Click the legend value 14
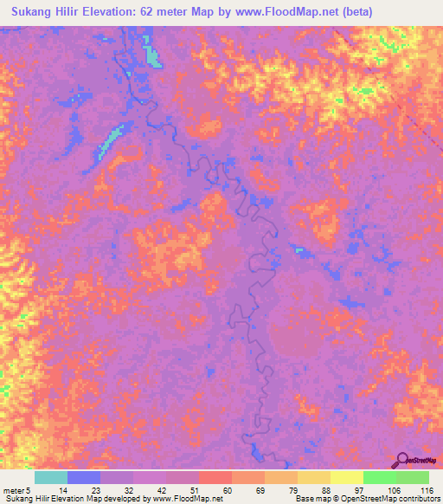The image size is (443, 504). click(x=51, y=489)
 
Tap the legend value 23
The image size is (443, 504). click(x=84, y=489)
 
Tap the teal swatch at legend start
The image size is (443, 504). click(x=50, y=477)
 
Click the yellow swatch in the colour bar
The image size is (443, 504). click(x=346, y=477)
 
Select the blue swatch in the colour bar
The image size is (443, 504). click(x=83, y=477)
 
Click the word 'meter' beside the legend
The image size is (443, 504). click(x=14, y=489)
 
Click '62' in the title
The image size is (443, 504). click(x=151, y=11)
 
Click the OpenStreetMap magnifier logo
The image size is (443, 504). click(x=402, y=462)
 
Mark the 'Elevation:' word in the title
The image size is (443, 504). click(x=108, y=11)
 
